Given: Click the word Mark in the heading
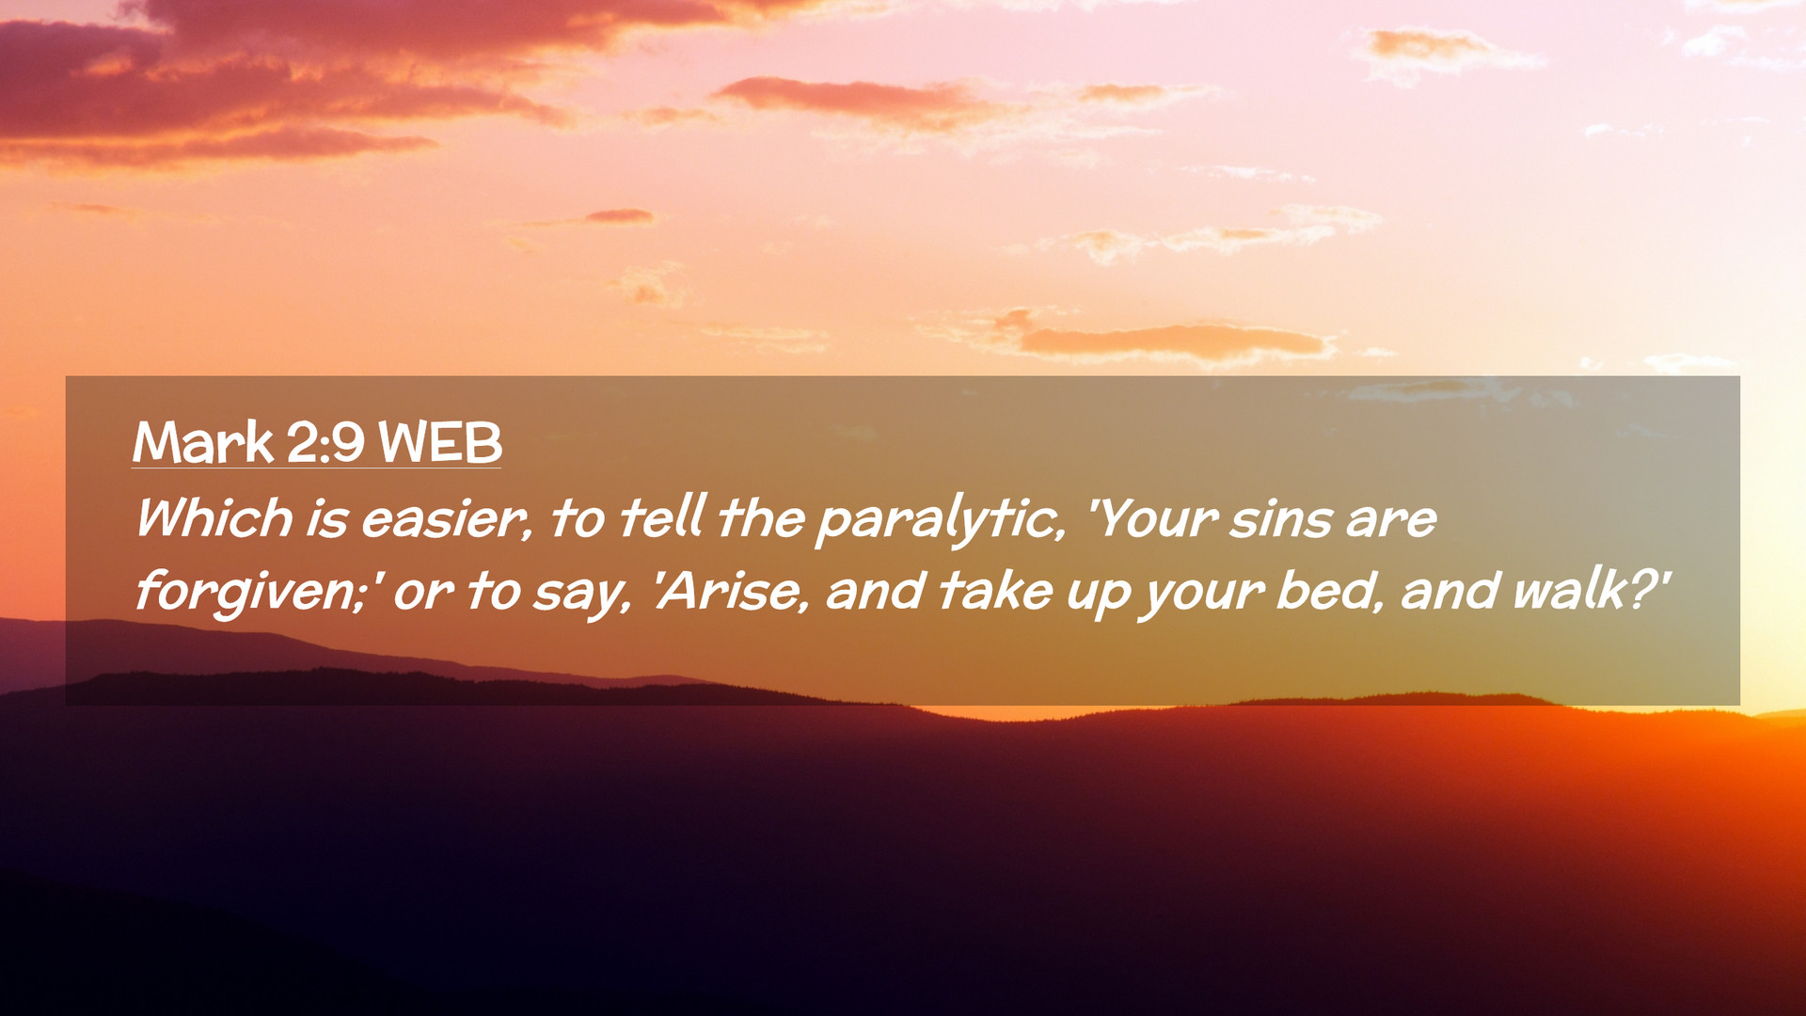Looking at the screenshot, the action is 203,442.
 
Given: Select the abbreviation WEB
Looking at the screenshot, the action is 439,442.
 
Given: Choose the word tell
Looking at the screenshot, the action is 663,517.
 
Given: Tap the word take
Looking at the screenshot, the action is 994,591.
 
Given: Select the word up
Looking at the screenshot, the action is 1098,596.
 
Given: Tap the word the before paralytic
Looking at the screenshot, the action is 762,517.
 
